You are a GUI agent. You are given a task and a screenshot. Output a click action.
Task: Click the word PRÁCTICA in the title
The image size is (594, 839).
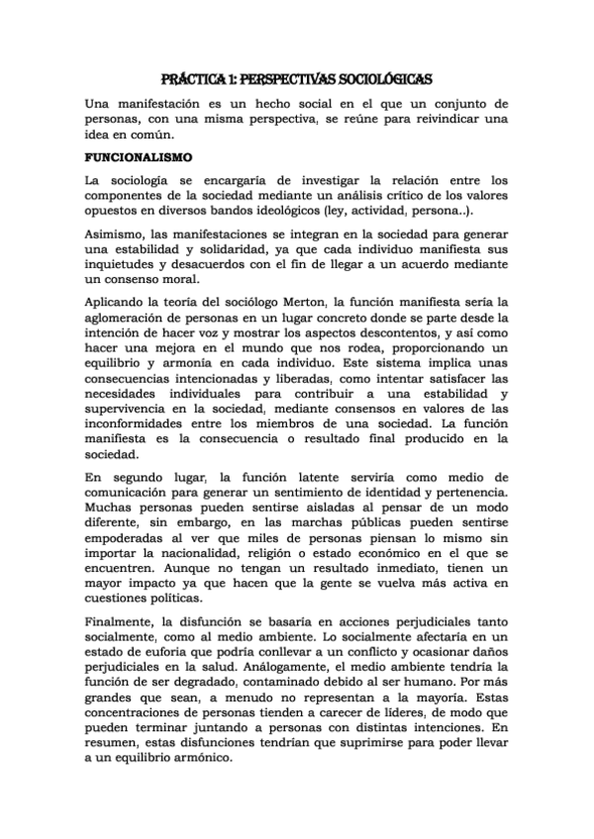[196, 79]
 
